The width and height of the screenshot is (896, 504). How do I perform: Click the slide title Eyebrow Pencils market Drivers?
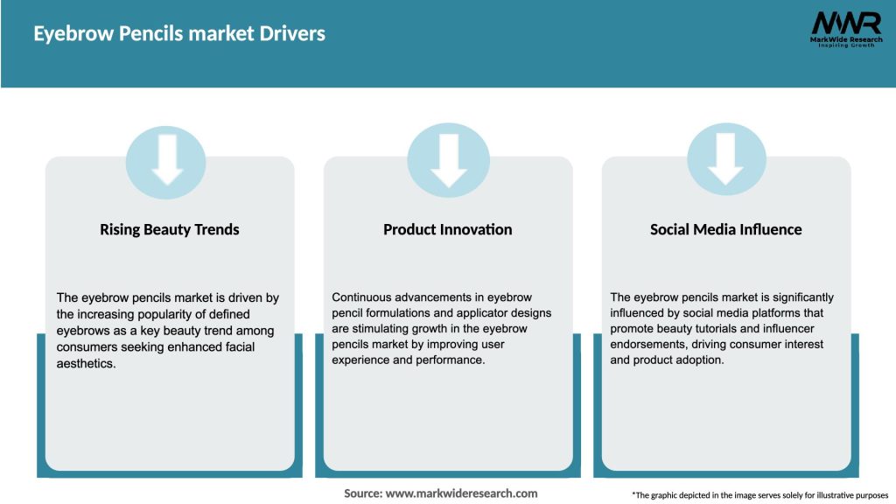179,34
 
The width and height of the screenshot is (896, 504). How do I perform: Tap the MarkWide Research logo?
846,29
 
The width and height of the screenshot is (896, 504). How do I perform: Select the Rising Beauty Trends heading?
170,230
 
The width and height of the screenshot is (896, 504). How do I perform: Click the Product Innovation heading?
447,230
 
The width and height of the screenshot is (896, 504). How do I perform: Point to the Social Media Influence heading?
725,230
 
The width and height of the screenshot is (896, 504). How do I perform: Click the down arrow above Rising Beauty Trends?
167,159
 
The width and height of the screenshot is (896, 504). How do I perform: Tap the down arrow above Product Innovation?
449,160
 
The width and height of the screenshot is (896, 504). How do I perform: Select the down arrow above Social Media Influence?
725,159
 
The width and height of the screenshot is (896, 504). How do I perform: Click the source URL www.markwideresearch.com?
462,493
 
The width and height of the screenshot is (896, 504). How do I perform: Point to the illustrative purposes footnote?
760,495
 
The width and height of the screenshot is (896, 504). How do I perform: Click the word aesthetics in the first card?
86,363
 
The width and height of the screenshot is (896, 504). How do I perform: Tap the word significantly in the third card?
803,297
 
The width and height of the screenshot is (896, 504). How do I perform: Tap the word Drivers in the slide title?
292,34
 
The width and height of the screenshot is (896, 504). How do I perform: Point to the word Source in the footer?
363,493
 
